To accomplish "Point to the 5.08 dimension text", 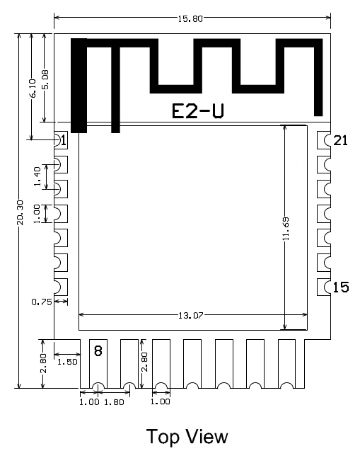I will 46,79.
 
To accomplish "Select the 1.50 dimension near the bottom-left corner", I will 66,362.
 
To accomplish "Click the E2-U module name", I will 199,111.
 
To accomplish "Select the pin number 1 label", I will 64,140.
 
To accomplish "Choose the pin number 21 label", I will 341,140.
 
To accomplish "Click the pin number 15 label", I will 341,287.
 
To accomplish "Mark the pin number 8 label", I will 98,350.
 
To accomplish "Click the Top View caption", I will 187,435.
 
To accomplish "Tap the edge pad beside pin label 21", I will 324,139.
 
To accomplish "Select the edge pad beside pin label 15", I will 324,287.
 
